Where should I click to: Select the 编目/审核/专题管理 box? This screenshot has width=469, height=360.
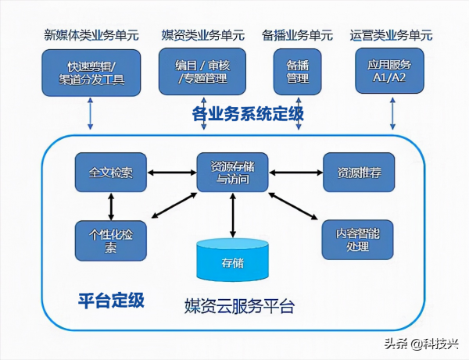[202, 72]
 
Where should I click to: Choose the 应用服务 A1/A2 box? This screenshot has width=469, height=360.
[391, 72]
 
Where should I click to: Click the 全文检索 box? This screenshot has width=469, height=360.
[110, 172]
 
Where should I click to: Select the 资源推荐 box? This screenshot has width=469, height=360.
[359, 172]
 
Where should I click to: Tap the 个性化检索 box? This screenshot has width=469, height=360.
[110, 240]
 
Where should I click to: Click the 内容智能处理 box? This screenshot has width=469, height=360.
[359, 240]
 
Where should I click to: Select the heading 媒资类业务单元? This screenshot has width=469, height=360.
[202, 35]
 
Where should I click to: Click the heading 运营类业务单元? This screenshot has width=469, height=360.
[392, 35]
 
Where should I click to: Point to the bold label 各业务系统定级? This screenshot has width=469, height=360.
[248, 115]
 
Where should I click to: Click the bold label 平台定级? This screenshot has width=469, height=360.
[112, 301]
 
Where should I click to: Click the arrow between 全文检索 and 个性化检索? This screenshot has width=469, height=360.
[111, 205]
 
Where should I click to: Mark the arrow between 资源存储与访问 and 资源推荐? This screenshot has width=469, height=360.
[295, 172]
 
